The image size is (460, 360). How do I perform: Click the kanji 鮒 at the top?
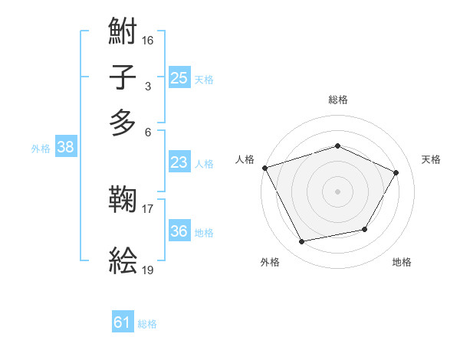[x=123, y=31]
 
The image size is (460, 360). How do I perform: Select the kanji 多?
[x=123, y=122]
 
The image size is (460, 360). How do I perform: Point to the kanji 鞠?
[x=123, y=200]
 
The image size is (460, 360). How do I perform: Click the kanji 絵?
[x=123, y=260]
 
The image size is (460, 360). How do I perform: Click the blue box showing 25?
[x=179, y=78]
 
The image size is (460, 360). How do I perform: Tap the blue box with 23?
[x=179, y=162]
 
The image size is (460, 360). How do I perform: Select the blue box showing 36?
[x=179, y=231]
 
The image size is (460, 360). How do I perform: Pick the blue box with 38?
[x=65, y=148]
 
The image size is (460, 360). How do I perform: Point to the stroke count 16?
[x=148, y=38]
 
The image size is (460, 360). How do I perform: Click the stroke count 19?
[x=148, y=269]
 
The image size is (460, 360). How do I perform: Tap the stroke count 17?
[x=148, y=208]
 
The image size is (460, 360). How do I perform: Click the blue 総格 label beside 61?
[x=147, y=324]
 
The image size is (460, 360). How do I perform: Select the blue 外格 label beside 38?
[x=41, y=149]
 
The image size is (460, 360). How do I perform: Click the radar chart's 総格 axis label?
[x=337, y=100]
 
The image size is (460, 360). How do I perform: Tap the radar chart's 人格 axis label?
[x=245, y=159]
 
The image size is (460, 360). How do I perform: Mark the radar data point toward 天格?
[x=396, y=172]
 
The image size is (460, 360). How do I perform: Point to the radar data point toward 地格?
[x=365, y=229]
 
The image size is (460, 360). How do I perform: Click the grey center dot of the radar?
[x=337, y=191]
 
